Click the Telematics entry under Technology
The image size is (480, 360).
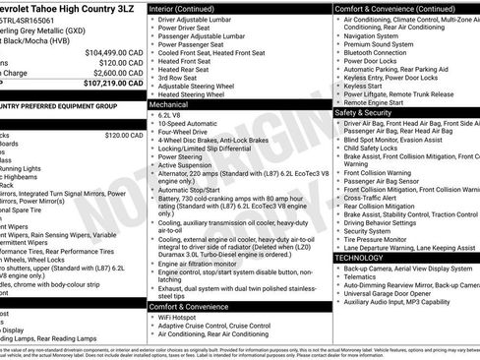coord(366,277)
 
